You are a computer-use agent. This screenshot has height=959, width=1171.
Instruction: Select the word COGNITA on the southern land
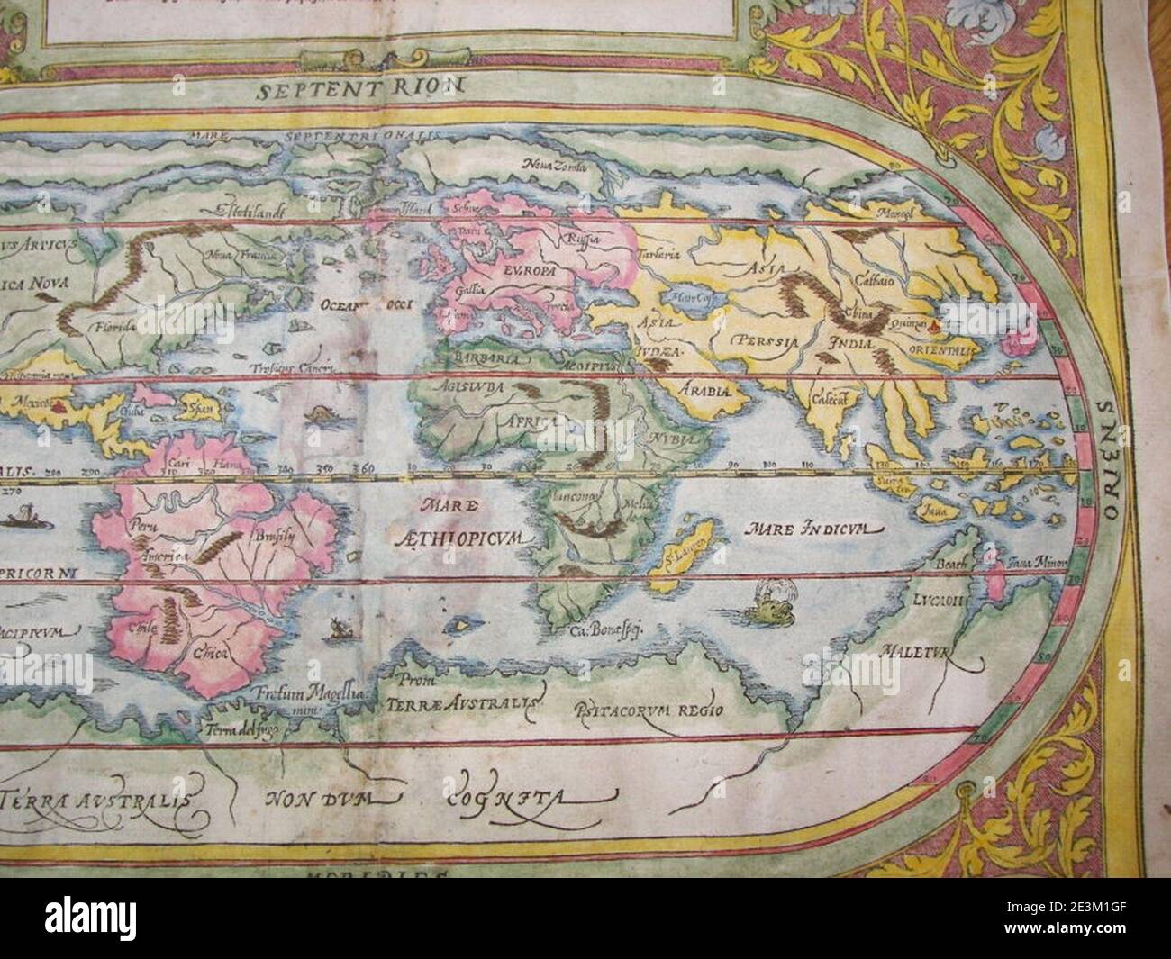(531, 796)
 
